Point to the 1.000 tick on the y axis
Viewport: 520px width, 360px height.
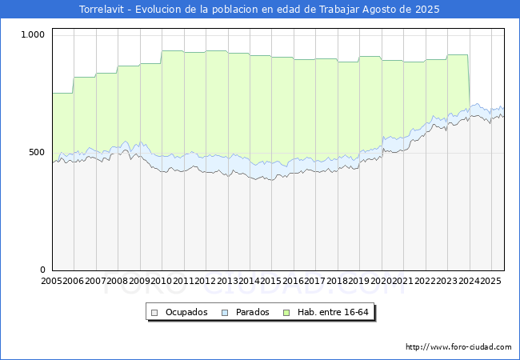(x=33, y=34)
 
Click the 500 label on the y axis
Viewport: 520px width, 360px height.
(x=37, y=153)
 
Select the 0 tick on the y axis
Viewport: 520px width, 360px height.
(x=42, y=270)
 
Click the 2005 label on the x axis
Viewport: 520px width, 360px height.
(x=51, y=281)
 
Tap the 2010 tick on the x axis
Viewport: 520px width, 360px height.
(x=161, y=281)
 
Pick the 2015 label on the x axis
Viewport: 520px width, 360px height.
(x=271, y=281)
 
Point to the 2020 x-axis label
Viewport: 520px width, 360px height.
(x=381, y=281)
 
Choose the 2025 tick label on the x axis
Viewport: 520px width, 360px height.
(x=491, y=281)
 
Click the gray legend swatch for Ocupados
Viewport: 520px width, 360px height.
(x=154, y=313)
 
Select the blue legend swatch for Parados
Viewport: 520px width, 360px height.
(x=225, y=313)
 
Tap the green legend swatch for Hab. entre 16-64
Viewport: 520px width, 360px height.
(x=286, y=313)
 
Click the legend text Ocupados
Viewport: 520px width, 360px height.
(x=186, y=312)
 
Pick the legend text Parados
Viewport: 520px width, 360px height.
(x=252, y=312)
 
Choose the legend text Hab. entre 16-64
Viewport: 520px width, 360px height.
(x=333, y=312)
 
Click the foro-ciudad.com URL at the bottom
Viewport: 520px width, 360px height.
(x=458, y=347)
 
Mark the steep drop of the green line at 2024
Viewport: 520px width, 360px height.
(x=469, y=82)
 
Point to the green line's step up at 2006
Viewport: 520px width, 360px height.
(x=73, y=85)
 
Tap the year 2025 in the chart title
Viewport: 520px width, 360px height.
(x=427, y=10)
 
